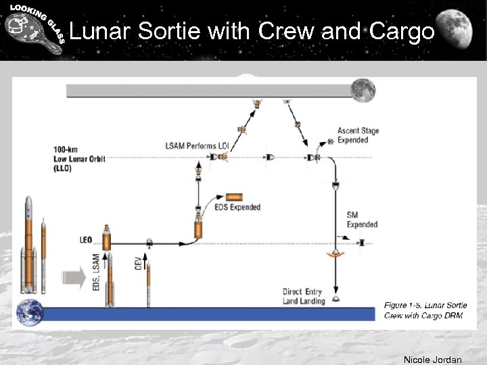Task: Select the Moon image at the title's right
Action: pyautogui.click(x=462, y=30)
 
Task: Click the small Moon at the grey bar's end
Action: pyautogui.click(x=363, y=89)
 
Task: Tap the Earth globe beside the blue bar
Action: pyautogui.click(x=30, y=312)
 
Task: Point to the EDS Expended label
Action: pyautogui.click(x=237, y=208)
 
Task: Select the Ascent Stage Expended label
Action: pyautogui.click(x=358, y=135)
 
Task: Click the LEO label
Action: pyautogui.click(x=86, y=239)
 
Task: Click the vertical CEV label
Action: pyautogui.click(x=139, y=262)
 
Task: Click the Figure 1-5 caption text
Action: pyautogui.click(x=425, y=310)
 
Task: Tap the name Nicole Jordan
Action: pyautogui.click(x=432, y=360)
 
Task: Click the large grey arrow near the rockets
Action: pyautogui.click(x=73, y=278)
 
